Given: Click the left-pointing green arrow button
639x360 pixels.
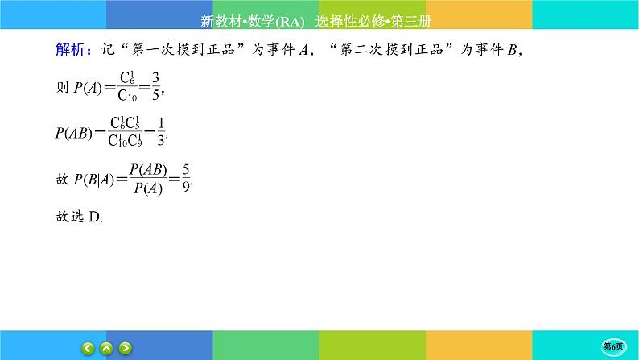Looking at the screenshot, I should pyautogui.click(x=88, y=347).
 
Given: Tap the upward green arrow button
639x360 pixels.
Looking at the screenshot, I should pyautogui.click(x=106, y=347).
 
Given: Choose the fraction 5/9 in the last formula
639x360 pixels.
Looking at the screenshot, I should pyautogui.click(x=188, y=182).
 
